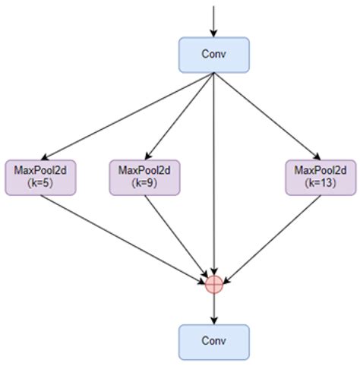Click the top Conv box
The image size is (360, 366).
(x=214, y=55)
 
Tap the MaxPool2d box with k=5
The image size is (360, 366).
(x=40, y=177)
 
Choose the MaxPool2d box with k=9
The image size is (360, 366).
(x=144, y=177)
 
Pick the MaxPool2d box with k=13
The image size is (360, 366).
(x=320, y=177)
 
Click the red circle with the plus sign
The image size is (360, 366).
(x=214, y=284)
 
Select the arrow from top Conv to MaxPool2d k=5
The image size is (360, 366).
(x=129, y=115)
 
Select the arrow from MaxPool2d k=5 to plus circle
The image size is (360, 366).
(x=125, y=238)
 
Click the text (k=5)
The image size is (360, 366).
(x=40, y=184)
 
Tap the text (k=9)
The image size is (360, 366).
(x=144, y=184)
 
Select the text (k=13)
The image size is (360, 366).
(x=320, y=184)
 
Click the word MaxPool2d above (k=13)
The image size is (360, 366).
(x=320, y=170)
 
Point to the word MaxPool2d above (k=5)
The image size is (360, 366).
(x=40, y=170)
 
